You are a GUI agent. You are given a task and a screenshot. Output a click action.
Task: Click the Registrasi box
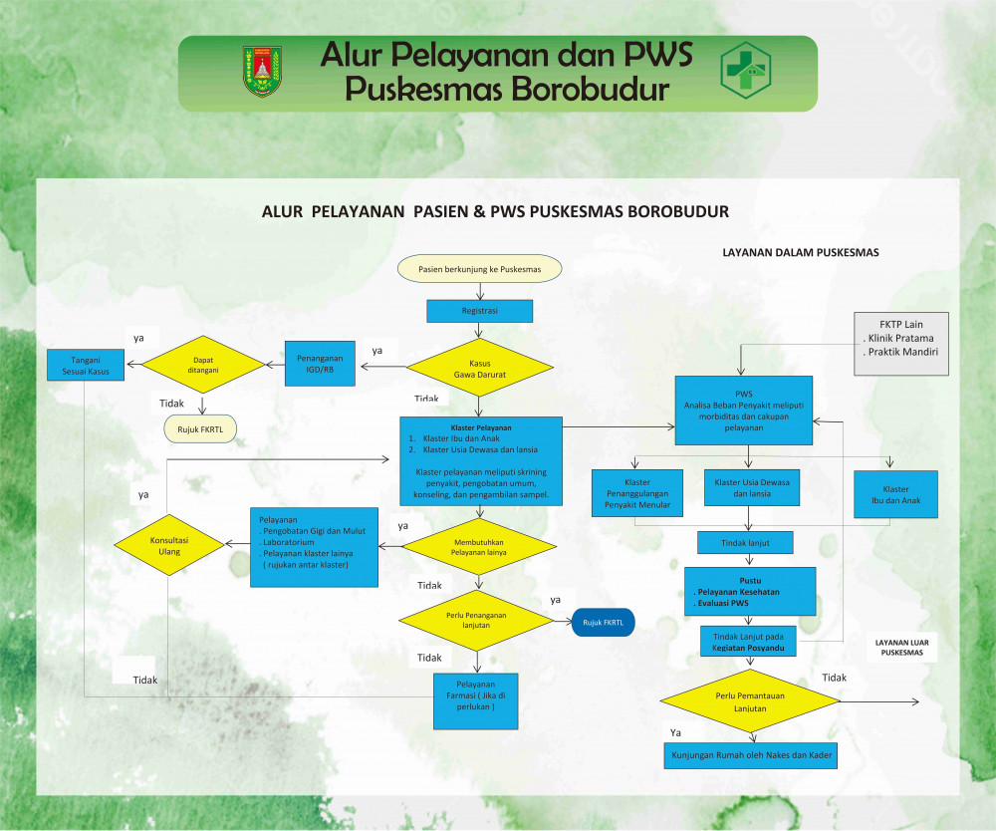coord(480,311)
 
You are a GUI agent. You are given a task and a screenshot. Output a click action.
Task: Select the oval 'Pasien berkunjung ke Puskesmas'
coord(480,268)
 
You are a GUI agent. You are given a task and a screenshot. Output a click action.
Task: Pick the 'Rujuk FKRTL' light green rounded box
coord(199,429)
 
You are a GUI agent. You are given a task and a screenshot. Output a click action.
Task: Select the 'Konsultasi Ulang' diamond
coord(168,545)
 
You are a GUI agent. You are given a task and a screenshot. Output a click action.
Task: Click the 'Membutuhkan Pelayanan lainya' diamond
coord(478,545)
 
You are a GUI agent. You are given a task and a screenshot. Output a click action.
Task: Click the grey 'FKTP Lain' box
coord(901,344)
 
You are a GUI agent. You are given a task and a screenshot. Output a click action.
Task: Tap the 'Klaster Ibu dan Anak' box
coord(895,495)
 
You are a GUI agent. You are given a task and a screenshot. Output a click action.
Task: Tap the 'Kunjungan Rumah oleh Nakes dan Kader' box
coord(751,755)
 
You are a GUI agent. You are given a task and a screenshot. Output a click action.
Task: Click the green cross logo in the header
coord(746,70)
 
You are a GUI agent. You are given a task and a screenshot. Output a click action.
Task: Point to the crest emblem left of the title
coord(262,71)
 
